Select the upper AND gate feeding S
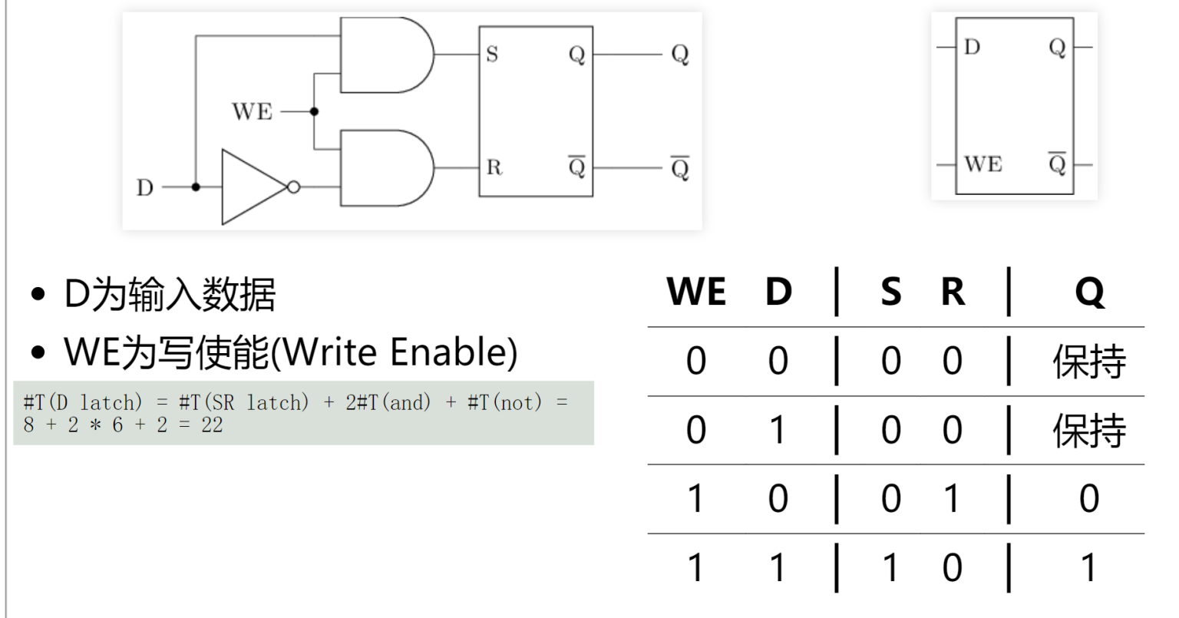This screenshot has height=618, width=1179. [384, 55]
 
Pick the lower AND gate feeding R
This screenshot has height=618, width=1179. [384, 168]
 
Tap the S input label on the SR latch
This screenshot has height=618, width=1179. [492, 55]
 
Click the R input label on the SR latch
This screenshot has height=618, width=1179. [494, 167]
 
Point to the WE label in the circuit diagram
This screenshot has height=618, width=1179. [253, 112]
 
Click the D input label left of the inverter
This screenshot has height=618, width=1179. [144, 187]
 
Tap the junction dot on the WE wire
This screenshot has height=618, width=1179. [314, 112]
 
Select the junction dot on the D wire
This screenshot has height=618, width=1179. [196, 187]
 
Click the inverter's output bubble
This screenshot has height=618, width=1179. [293, 187]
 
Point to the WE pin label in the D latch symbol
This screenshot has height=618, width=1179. [982, 164]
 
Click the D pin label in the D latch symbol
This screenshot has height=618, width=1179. [972, 48]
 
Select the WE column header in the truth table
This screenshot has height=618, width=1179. [696, 292]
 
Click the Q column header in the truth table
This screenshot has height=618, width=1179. [1089, 292]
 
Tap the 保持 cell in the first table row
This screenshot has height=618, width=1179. [1088, 362]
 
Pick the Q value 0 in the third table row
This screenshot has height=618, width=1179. [1089, 499]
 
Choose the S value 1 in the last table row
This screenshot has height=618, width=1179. [890, 568]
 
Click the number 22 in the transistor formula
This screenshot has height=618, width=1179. [212, 425]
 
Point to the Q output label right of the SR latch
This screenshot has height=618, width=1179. [680, 55]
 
